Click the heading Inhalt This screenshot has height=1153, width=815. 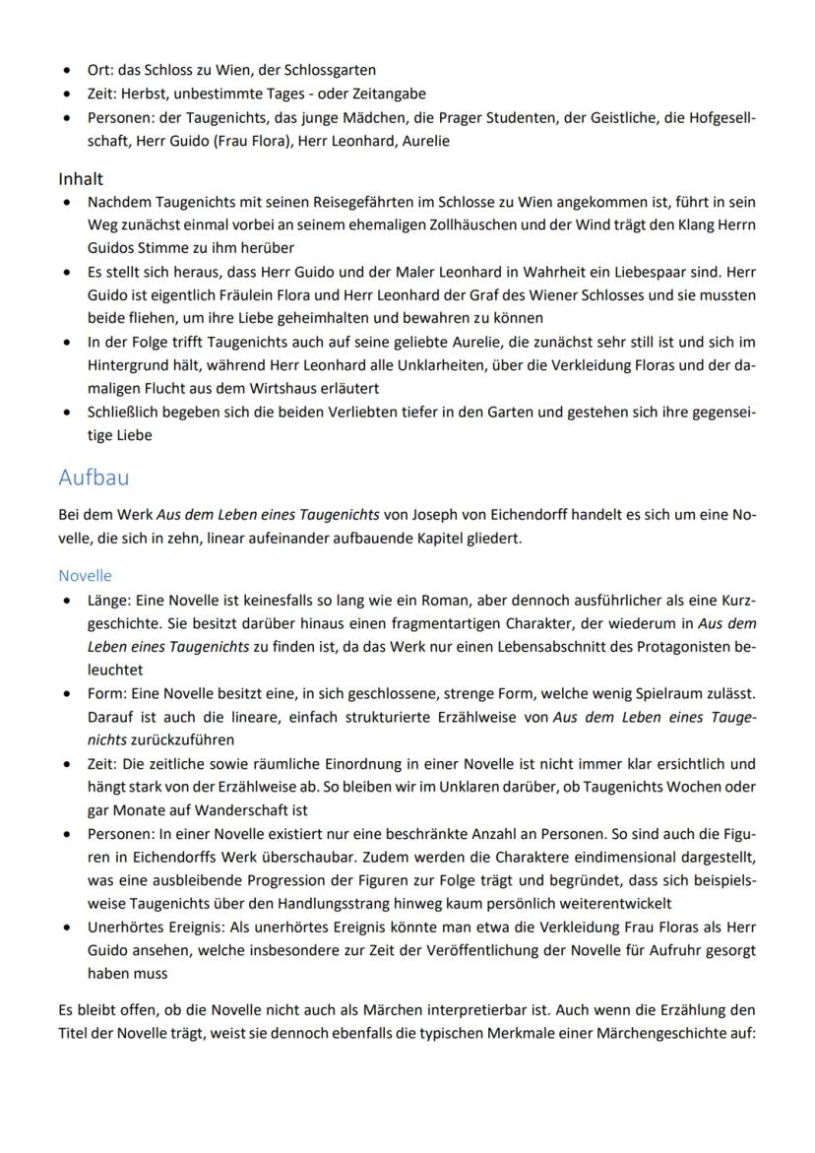pyautogui.click(x=81, y=179)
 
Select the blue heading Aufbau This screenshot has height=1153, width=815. pyautogui.click(x=94, y=477)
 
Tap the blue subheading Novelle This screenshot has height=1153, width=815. pyautogui.click(x=85, y=575)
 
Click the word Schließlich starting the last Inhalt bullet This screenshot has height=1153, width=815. pyautogui.click(x=122, y=414)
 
